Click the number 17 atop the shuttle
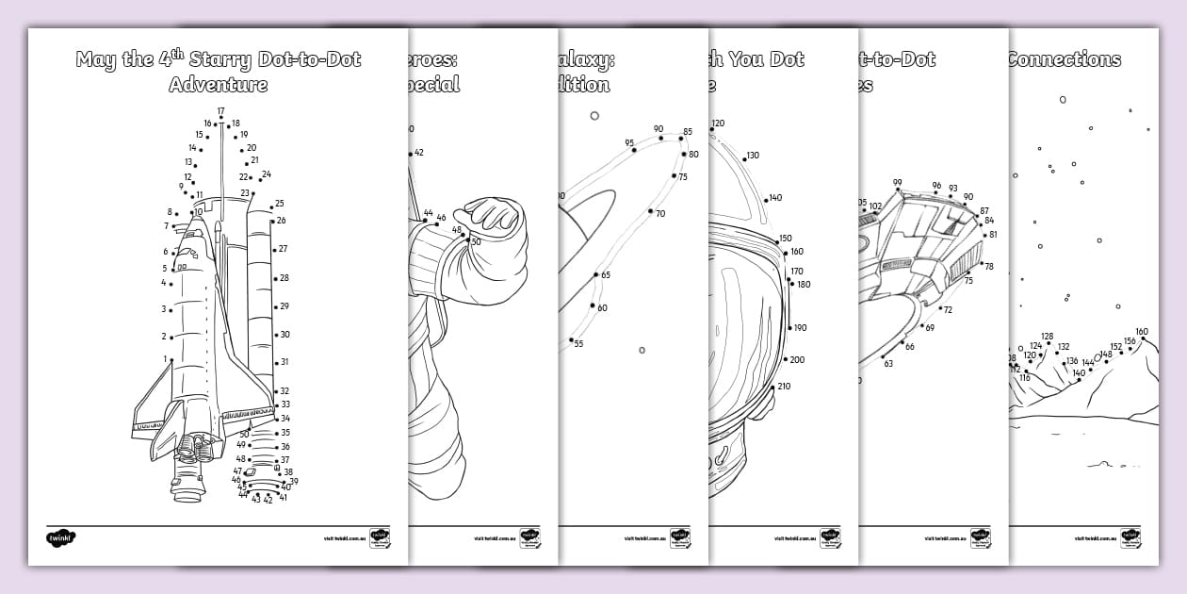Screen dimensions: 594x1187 point(220,111)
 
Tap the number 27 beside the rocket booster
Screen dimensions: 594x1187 point(284,249)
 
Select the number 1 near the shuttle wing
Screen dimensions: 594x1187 point(165,359)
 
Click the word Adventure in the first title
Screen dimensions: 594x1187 point(218,85)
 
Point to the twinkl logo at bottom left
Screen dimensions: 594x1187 point(60,537)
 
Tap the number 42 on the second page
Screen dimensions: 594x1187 point(418,153)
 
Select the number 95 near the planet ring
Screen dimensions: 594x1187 point(628,143)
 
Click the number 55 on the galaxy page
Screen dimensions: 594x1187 point(578,344)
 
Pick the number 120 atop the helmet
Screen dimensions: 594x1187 point(718,124)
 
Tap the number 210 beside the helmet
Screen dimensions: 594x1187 point(784,387)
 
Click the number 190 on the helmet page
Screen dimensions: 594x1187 point(800,328)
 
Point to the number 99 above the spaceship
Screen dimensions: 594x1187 point(897,183)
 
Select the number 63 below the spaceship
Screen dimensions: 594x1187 point(887,363)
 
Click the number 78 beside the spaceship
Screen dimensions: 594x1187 point(988,267)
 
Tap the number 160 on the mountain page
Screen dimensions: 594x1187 point(1142,332)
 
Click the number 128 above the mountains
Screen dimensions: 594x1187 point(1047,337)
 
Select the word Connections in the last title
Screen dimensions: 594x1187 point(1064,59)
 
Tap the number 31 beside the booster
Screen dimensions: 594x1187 point(285,362)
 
